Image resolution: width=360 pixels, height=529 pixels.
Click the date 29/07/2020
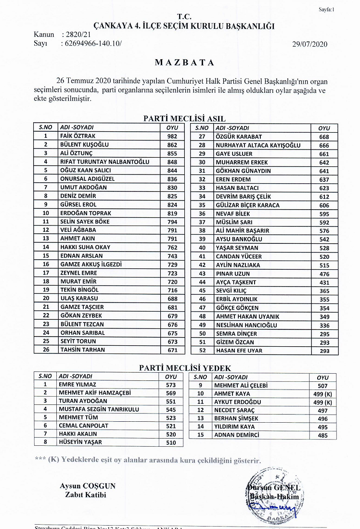(x=309, y=44)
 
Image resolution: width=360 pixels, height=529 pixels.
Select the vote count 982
(x=172, y=136)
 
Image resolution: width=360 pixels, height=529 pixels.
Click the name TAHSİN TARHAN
(x=82, y=350)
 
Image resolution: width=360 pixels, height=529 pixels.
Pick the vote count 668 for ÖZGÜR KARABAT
(x=324, y=137)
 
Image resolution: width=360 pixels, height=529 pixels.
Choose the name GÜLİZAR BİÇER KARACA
(x=247, y=205)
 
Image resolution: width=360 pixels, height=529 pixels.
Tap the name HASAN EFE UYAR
(x=239, y=351)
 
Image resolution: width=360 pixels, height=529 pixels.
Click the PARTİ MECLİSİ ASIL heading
(x=184, y=118)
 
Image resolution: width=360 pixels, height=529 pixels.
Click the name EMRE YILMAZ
(x=77, y=384)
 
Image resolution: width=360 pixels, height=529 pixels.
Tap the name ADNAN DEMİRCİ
(x=236, y=435)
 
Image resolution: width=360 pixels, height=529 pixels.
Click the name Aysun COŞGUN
(x=88, y=486)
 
